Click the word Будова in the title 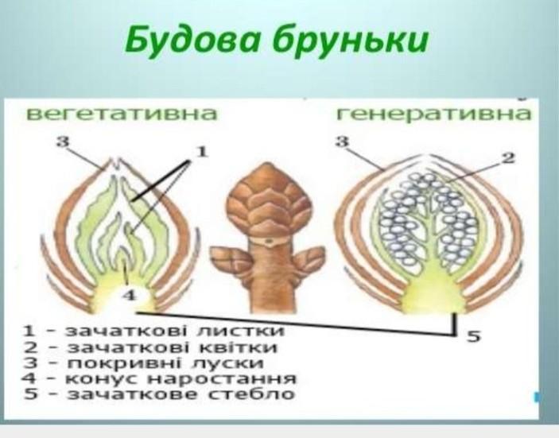click(x=191, y=41)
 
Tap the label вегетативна click(x=122, y=114)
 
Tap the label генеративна click(x=433, y=114)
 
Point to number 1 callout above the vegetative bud click(x=202, y=152)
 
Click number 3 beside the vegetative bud click(x=63, y=141)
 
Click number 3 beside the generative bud click(x=342, y=141)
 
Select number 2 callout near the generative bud click(x=507, y=157)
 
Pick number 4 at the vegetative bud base click(x=130, y=295)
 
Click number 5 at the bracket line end click(x=474, y=335)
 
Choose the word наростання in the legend click(x=221, y=378)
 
